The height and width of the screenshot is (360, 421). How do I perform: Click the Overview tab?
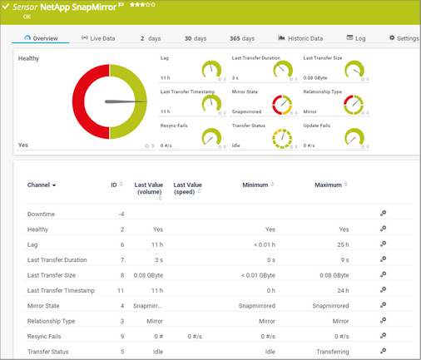[41, 38]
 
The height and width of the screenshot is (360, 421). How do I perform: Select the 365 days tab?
[242, 38]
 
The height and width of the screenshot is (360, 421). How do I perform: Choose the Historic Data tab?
[300, 38]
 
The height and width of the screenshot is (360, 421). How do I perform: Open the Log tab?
[355, 38]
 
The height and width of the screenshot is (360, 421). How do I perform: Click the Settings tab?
[404, 38]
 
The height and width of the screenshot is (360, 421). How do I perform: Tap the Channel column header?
[42, 185]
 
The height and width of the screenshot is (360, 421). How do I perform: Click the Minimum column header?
[258, 185]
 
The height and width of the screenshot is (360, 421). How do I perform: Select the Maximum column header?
[330, 185]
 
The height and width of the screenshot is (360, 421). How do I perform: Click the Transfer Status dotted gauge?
[285, 139]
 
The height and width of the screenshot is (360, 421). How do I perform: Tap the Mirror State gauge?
[285, 105]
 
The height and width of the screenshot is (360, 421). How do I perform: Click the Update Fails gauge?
[355, 139]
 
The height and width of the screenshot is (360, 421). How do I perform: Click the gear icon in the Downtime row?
[383, 213]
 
